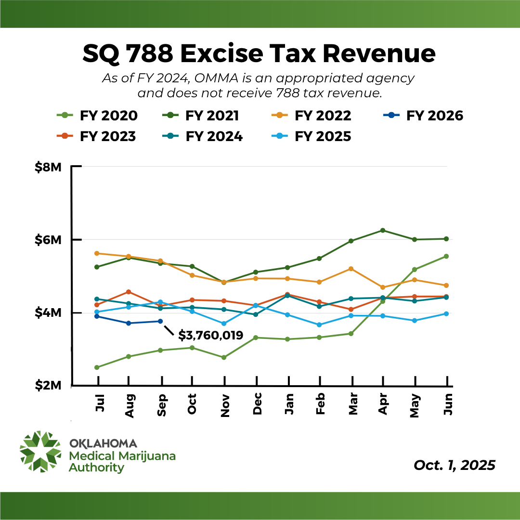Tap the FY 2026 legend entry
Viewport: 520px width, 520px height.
point(424,116)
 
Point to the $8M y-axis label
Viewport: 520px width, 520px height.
point(49,167)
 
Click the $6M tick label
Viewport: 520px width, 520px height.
point(49,240)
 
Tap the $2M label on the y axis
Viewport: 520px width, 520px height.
point(49,386)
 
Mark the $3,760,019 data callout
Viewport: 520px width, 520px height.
point(210,335)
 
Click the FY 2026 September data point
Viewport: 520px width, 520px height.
point(160,321)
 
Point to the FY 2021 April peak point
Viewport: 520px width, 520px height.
point(383,230)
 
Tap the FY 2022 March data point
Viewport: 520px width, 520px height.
point(351,269)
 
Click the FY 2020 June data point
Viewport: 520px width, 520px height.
point(446,256)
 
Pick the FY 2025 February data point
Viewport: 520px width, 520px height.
point(320,325)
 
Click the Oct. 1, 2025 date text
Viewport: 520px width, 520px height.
point(454,466)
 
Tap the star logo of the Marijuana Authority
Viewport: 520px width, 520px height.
point(40,451)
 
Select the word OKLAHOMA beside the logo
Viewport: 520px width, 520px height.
point(103,443)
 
